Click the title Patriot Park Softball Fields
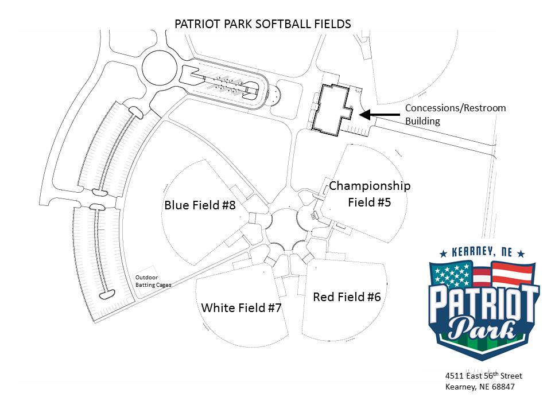tap(263, 24)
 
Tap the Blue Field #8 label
tap(200, 205)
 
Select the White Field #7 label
tap(241, 307)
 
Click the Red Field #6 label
tap(347, 297)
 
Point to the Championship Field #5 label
tap(370, 194)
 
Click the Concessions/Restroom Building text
tap(455, 114)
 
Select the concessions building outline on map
tap(332, 109)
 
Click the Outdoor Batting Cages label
tap(153, 280)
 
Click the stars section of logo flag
tap(453, 275)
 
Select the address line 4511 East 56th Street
tap(483, 376)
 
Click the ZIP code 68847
tap(502, 387)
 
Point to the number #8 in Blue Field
tap(228, 205)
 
